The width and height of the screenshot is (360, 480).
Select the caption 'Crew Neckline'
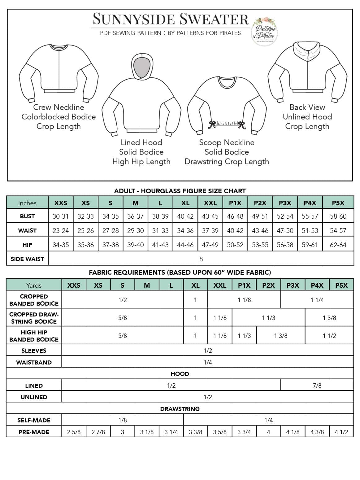tap(59, 107)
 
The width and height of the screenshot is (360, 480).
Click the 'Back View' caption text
tap(307, 107)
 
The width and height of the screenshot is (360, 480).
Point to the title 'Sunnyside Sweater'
tap(171, 19)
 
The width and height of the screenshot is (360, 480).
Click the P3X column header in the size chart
tap(285, 203)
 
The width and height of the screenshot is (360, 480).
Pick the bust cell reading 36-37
tap(135, 216)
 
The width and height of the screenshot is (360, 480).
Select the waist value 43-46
tap(260, 230)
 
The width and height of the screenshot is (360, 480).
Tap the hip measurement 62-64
tap(338, 245)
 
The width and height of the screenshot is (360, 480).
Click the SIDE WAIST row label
tap(27, 259)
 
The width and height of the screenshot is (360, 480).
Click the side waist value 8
tap(201, 259)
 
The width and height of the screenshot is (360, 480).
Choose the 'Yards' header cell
tap(34, 285)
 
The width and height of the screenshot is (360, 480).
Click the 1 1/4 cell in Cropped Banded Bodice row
tap(317, 300)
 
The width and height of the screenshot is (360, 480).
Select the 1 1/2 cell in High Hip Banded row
tap(329, 336)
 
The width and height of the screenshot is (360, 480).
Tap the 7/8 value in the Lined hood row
tap(317, 386)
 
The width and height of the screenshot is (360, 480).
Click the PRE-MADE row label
tap(34, 432)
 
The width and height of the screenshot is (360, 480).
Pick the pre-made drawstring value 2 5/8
tap(74, 432)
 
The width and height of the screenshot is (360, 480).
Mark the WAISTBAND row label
tap(34, 362)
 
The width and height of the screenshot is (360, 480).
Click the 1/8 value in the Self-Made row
tap(123, 420)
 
